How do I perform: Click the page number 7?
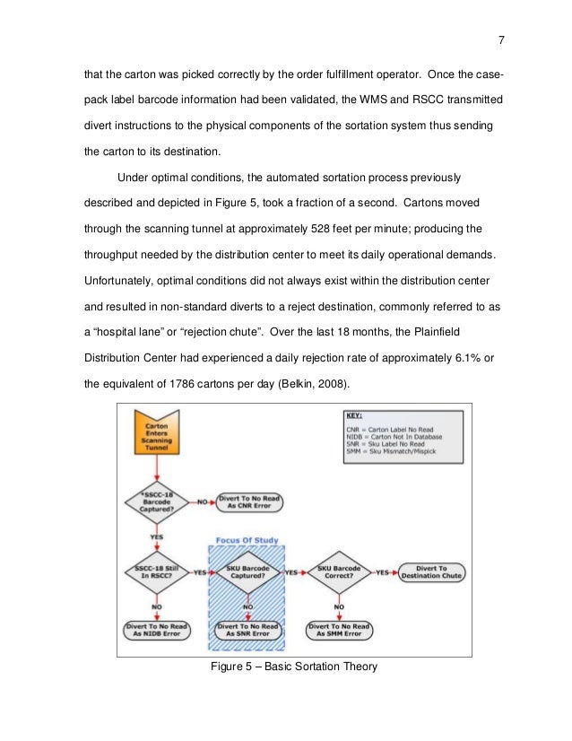(x=501, y=39)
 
